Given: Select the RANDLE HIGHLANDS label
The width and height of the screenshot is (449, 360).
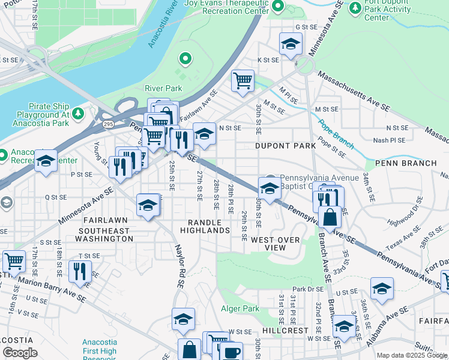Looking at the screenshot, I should [205, 226].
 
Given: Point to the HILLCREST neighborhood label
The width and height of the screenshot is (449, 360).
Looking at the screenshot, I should [285, 331].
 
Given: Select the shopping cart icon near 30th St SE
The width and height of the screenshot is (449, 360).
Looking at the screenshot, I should [243, 80].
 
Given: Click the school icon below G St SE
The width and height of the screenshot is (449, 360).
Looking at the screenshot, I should [291, 44].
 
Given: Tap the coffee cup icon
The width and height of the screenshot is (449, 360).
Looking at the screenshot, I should [231, 352].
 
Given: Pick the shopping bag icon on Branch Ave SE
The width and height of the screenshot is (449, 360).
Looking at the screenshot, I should [330, 217].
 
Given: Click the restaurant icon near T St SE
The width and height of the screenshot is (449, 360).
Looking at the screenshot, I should [80, 271].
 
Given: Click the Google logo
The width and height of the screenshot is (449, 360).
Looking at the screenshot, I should [20, 353].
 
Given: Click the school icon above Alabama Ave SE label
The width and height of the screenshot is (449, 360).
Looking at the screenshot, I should [382, 288].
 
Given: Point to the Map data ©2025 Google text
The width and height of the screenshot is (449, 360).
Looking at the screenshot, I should [412, 355].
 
